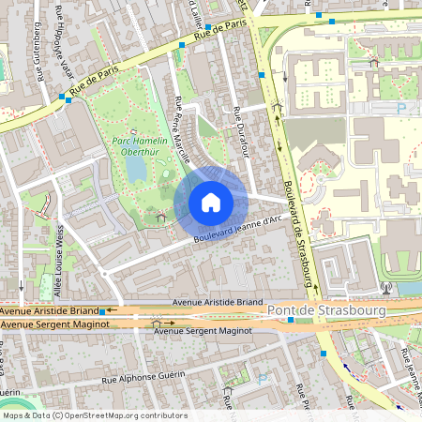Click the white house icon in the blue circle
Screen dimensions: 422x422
click(211, 202)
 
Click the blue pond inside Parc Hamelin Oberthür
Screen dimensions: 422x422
click(136, 168)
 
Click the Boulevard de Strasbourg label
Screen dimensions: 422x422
click(295, 224)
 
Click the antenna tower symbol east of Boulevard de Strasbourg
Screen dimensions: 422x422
click(385, 287)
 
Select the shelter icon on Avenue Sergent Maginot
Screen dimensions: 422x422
click(156, 322)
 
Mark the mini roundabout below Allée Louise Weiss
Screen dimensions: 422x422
click(22, 284)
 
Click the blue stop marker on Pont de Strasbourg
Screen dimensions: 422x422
click(291, 320)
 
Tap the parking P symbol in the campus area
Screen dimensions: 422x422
click(402, 109)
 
